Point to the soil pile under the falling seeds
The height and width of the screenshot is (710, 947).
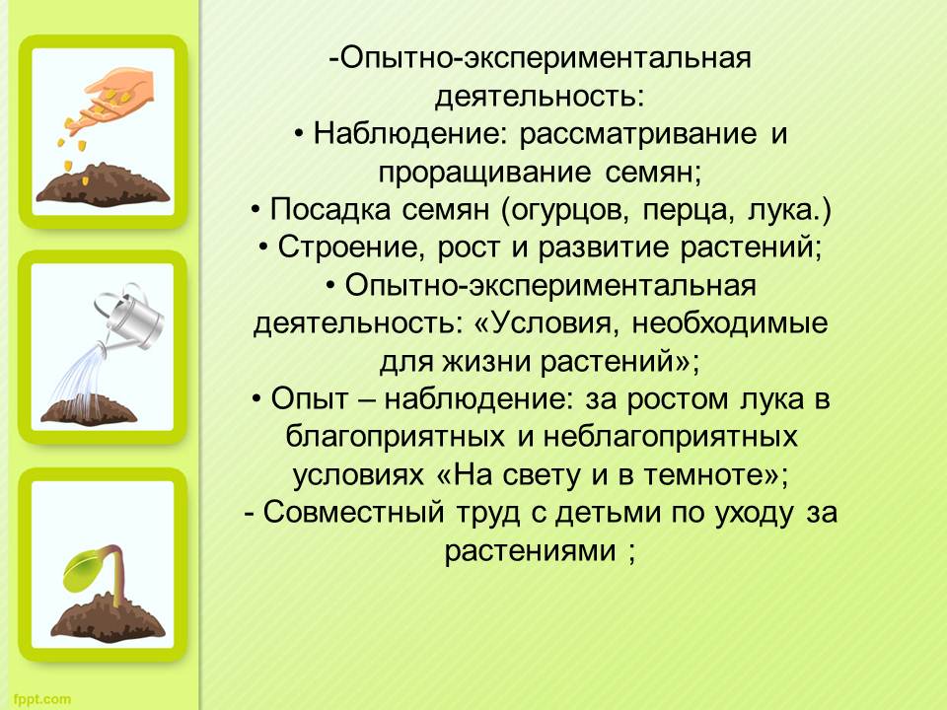pyautogui.click(x=104, y=184)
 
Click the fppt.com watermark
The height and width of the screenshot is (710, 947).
pyautogui.click(x=41, y=699)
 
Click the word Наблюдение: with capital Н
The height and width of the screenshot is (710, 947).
pyautogui.click(x=410, y=133)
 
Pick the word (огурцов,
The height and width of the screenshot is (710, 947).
pyautogui.click(x=566, y=210)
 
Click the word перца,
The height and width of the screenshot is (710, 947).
pyautogui.click(x=689, y=211)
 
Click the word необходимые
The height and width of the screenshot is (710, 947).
pyautogui.click(x=730, y=323)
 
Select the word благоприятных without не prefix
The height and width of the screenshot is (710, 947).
pyautogui.click(x=395, y=437)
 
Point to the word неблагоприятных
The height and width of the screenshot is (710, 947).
pyautogui.click(x=671, y=437)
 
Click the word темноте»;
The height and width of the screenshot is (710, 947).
pyautogui.click(x=716, y=475)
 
